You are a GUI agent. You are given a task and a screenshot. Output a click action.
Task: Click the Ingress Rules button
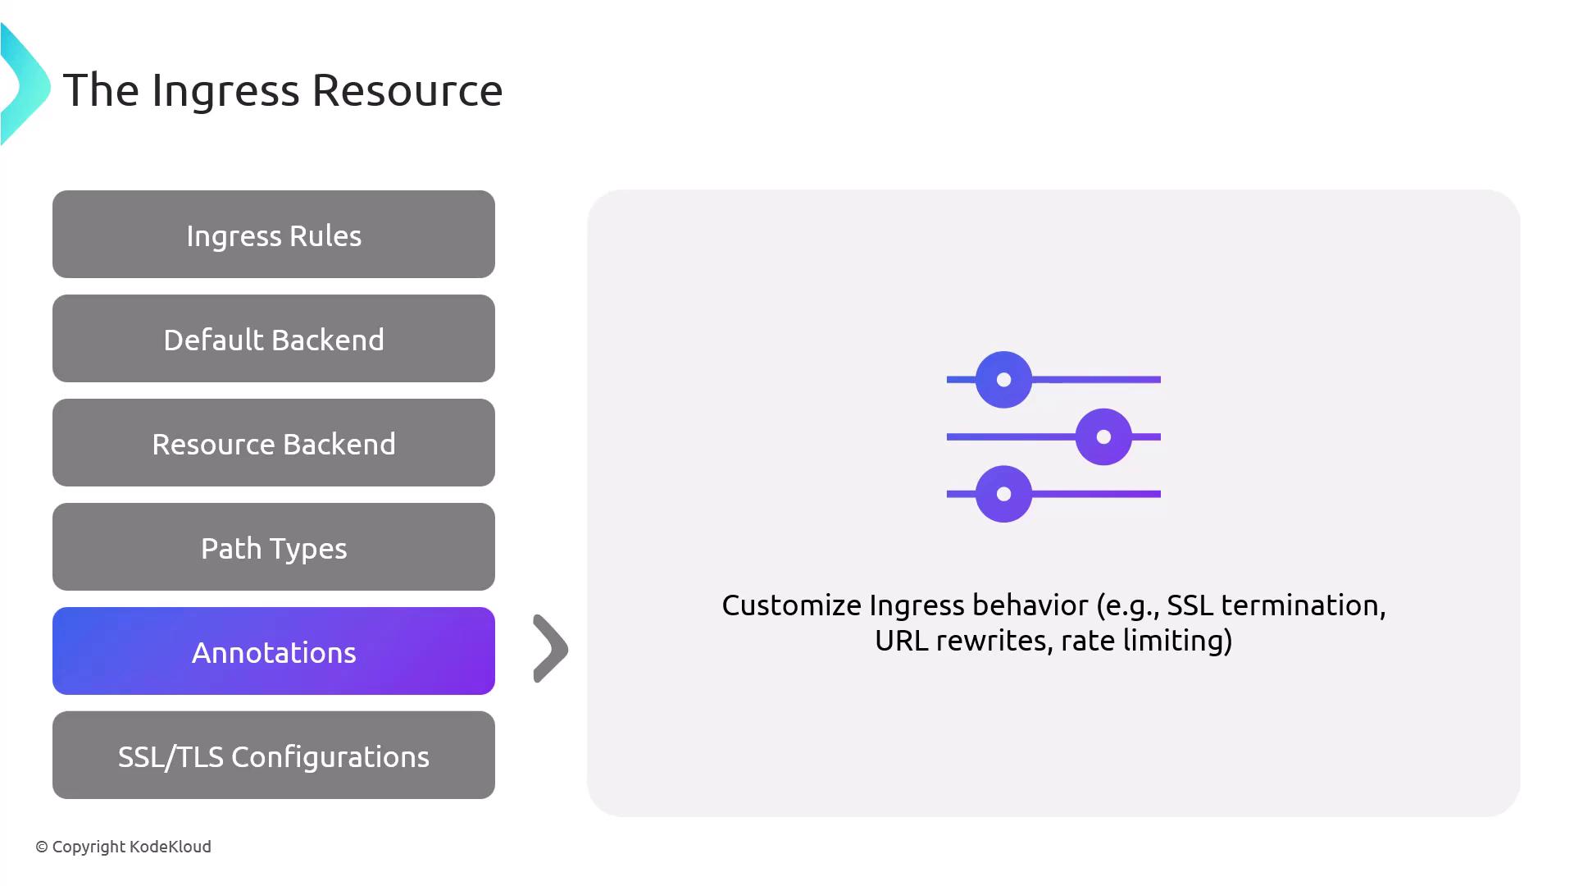pyautogui.click(x=274, y=235)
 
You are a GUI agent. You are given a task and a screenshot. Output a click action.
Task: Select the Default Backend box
pyautogui.click(x=274, y=339)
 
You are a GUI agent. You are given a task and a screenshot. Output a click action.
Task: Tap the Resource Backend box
pyautogui.click(x=274, y=443)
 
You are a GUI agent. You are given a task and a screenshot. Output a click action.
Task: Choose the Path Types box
pyautogui.click(x=274, y=547)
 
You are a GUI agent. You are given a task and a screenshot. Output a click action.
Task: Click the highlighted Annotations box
pyautogui.click(x=274, y=651)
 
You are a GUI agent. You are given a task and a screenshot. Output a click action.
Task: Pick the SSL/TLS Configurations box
pyautogui.click(x=274, y=756)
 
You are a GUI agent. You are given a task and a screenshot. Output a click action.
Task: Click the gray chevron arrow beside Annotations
pyautogui.click(x=551, y=649)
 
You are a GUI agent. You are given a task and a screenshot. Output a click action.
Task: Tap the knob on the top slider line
pyautogui.click(x=1003, y=380)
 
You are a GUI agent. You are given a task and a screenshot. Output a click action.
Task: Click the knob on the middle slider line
pyautogui.click(x=1103, y=437)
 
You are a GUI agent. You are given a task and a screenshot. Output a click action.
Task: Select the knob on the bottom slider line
pyautogui.click(x=1003, y=494)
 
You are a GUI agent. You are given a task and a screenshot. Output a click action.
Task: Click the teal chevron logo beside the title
pyautogui.click(x=25, y=85)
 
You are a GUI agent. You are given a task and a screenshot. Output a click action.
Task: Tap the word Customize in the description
pyautogui.click(x=791, y=605)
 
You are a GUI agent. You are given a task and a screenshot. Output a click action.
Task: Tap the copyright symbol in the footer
pyautogui.click(x=42, y=847)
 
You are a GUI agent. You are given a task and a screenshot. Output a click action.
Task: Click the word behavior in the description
pyautogui.click(x=1030, y=605)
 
